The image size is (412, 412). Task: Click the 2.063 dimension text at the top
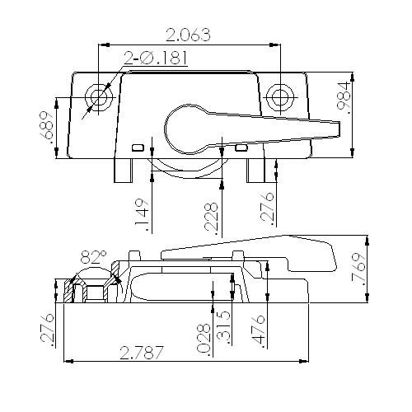(x=188, y=35)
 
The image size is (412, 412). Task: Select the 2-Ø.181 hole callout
(x=156, y=57)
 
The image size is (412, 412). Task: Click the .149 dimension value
(x=141, y=213)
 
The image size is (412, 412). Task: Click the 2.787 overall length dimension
(x=142, y=353)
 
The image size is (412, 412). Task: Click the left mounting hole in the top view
(x=101, y=96)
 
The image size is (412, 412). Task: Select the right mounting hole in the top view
(x=280, y=96)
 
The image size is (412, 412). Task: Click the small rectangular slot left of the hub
(x=138, y=147)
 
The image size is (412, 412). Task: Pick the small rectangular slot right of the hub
(x=241, y=147)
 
